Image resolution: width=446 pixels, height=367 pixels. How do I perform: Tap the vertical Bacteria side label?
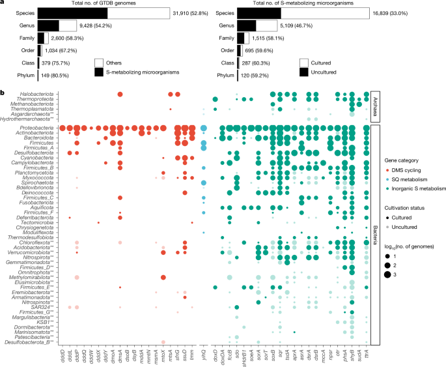click(x=375, y=235)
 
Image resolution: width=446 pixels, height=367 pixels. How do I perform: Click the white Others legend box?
click(x=100, y=62)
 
